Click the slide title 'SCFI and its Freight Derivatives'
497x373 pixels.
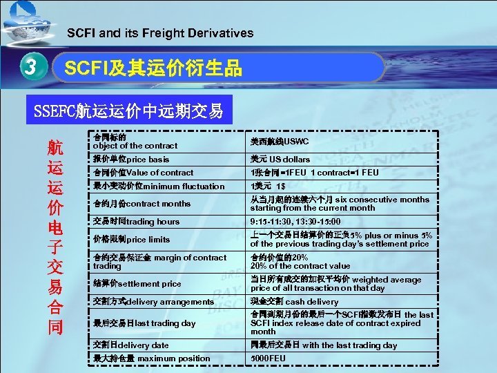click(x=160, y=32)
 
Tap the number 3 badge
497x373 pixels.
click(x=30, y=68)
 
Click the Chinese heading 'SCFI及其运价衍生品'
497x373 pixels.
click(x=153, y=68)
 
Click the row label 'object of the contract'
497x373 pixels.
click(x=135, y=142)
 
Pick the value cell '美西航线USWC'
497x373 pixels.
click(x=280, y=142)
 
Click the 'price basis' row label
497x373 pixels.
click(x=131, y=160)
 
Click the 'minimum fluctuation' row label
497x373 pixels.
click(x=159, y=186)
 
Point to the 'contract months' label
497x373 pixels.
click(x=142, y=204)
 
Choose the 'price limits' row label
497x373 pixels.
click(x=131, y=239)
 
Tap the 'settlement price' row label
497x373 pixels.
click(x=137, y=284)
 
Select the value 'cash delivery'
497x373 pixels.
click(x=284, y=302)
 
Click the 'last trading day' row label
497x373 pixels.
click(x=144, y=323)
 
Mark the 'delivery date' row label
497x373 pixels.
click(x=131, y=345)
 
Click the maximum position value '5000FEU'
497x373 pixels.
click(x=268, y=358)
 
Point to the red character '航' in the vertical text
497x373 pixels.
click(x=55, y=149)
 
